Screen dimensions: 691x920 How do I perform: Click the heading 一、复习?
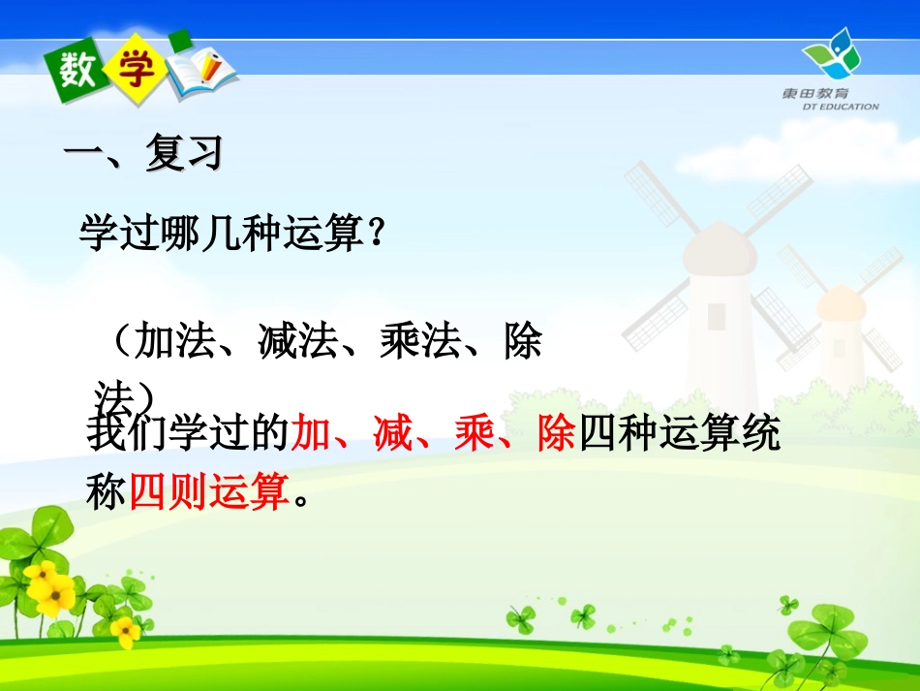(142, 153)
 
